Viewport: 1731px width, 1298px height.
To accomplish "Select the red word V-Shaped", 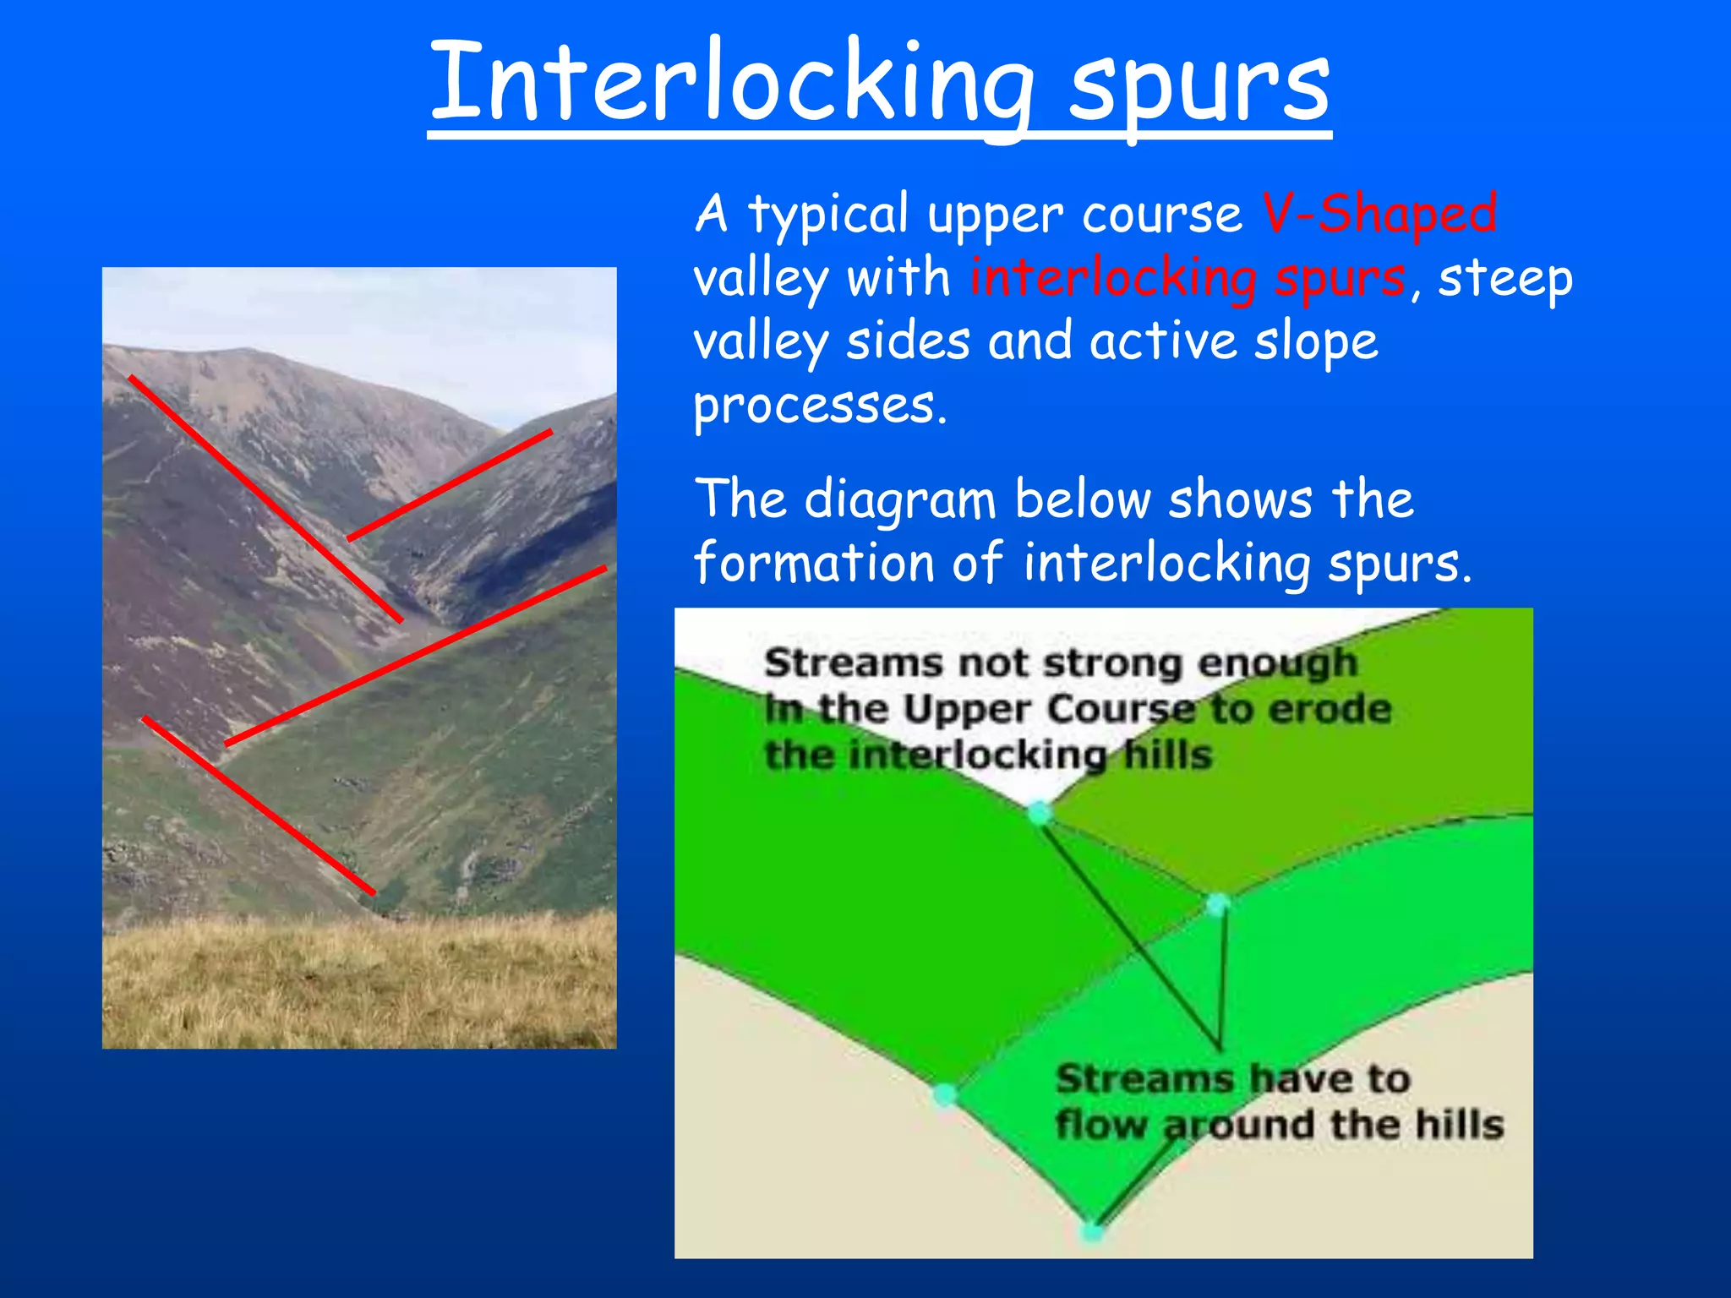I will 1379,214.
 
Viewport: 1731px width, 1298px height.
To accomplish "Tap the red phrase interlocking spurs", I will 1188,279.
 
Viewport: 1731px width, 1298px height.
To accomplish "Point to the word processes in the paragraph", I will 820,406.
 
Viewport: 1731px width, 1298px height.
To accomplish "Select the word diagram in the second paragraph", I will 900,500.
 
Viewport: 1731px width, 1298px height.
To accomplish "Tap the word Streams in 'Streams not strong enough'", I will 852,663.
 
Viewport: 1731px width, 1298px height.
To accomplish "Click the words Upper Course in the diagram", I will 1052,709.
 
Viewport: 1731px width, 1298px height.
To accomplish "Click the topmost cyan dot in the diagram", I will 1039,814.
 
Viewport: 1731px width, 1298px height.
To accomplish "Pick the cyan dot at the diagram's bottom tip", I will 1092,1232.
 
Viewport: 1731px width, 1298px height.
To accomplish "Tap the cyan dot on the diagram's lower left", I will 945,1095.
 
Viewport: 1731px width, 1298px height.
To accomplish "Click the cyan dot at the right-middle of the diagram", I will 1216,904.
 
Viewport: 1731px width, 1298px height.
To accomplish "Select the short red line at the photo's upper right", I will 450,485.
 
